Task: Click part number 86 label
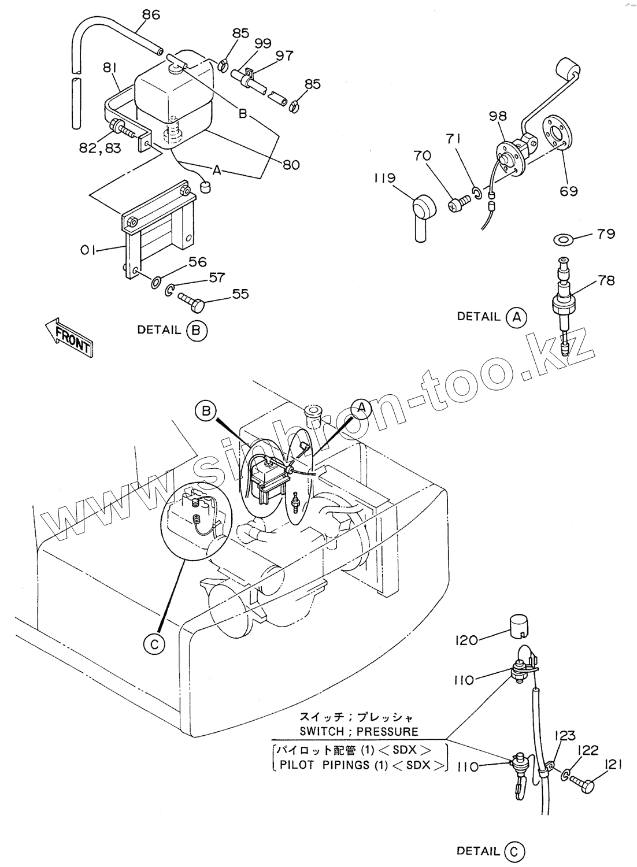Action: [151, 14]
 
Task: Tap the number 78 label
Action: [606, 280]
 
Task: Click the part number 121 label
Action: [614, 765]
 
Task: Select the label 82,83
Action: [101, 148]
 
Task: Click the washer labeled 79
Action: [561, 239]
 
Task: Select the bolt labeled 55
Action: [191, 299]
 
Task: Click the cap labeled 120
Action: [520, 625]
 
